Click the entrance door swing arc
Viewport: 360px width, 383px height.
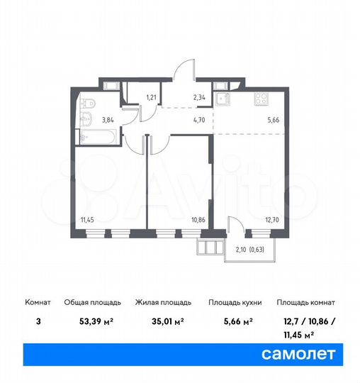point(183,71)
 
